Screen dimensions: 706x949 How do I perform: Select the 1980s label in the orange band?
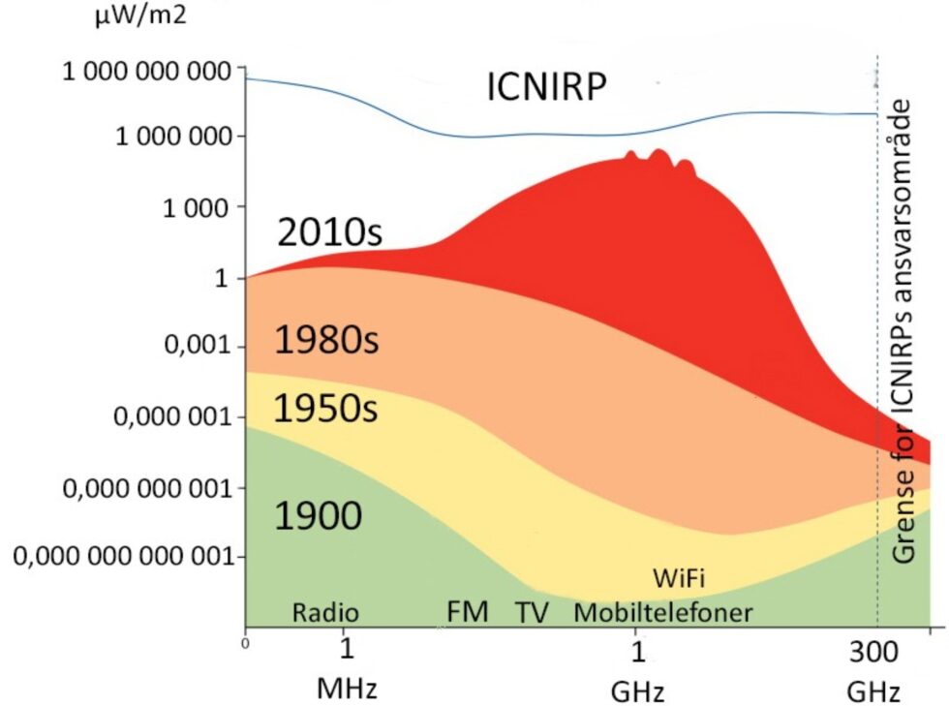pos(325,341)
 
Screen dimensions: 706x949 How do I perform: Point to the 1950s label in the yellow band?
pos(325,410)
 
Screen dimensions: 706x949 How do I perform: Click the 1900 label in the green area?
pos(318,516)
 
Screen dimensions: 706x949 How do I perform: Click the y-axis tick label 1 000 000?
pos(174,138)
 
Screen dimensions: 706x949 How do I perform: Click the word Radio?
pos(325,612)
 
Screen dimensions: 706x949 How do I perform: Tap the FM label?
pos(468,612)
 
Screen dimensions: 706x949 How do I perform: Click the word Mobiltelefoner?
pos(662,612)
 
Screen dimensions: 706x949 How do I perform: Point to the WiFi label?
pos(678,579)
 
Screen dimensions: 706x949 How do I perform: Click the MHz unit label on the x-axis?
pos(346,690)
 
